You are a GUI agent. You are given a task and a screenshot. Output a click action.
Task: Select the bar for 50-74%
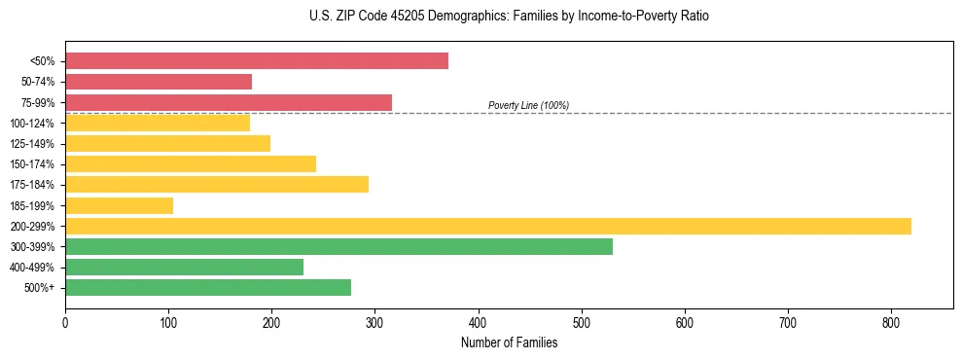pyautogui.click(x=159, y=82)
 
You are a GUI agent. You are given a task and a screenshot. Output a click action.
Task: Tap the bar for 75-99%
pyautogui.click(x=229, y=102)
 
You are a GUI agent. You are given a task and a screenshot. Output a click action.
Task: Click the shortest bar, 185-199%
pyautogui.click(x=119, y=205)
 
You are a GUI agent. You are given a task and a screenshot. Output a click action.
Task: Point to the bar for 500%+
pyautogui.click(x=208, y=287)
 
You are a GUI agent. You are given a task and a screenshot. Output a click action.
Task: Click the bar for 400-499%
pyautogui.click(x=184, y=267)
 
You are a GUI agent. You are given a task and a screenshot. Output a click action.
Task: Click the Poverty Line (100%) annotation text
pyautogui.click(x=528, y=105)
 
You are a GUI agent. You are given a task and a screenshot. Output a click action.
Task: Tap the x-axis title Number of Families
pyautogui.click(x=509, y=342)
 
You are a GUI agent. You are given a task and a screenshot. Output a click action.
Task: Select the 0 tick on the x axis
pyautogui.click(x=65, y=322)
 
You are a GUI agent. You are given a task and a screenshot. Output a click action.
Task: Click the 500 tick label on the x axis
pyautogui.click(x=582, y=322)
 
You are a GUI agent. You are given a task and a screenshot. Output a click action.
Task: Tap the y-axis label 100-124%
pyautogui.click(x=32, y=124)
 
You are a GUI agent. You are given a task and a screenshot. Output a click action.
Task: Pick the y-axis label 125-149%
pyautogui.click(x=32, y=144)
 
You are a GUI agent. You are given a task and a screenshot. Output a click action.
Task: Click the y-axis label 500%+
pyautogui.click(x=39, y=288)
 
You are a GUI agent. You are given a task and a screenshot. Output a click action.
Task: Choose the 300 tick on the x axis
pyautogui.click(x=374, y=322)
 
